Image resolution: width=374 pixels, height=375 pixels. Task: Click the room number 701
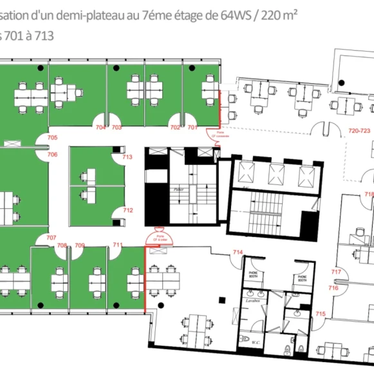192,128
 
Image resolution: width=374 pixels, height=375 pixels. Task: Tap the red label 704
100,128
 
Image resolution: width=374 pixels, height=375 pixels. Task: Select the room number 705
52,138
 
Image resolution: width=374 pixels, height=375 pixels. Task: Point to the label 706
52,155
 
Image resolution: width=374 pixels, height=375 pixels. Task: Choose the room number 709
80,245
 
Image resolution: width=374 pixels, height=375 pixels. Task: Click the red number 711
118,245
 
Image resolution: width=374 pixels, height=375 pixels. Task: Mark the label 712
127,210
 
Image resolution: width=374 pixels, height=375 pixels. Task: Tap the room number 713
127,157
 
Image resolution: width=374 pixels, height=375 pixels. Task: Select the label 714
238,251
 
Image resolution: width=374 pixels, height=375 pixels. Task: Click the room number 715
320,314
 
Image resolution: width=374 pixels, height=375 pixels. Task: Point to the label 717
335,272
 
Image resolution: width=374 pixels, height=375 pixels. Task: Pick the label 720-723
359,130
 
